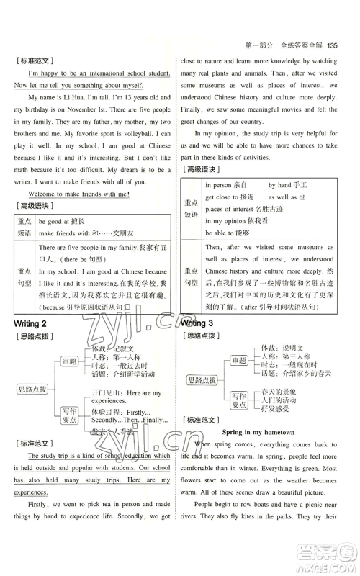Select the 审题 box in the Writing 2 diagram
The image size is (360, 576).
point(69,361)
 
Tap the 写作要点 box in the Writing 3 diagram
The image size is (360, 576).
point(240,396)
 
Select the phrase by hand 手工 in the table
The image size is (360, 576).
point(288,185)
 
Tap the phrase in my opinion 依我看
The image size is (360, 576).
point(235,220)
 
